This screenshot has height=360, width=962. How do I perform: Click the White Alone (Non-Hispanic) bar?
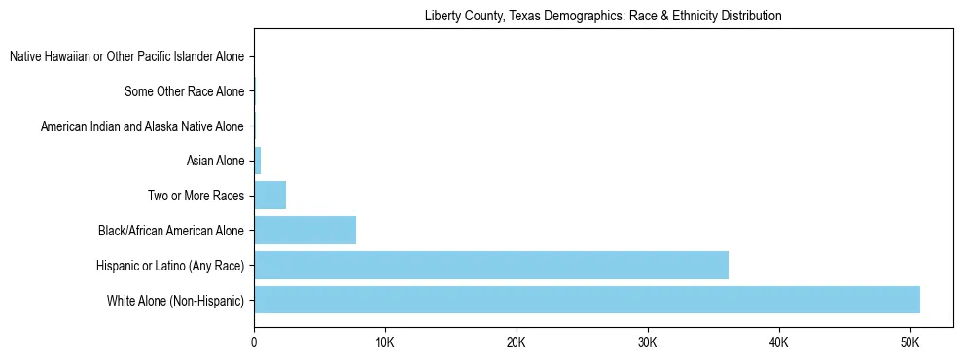(x=587, y=300)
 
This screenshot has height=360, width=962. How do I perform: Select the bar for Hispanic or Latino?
(x=491, y=265)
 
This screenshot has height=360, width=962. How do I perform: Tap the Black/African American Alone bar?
(x=304, y=230)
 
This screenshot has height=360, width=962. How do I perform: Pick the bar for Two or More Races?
(x=269, y=195)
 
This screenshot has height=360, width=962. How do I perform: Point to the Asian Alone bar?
(x=257, y=161)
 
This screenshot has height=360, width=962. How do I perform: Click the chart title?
(x=603, y=17)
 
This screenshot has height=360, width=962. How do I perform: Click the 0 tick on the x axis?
(x=254, y=343)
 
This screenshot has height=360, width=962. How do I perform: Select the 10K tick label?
(x=385, y=343)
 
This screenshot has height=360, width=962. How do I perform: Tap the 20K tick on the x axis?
(x=517, y=343)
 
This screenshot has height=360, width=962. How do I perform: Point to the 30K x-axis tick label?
(x=648, y=343)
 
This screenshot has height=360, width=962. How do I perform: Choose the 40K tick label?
(x=778, y=343)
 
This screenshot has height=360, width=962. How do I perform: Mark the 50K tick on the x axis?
(x=909, y=343)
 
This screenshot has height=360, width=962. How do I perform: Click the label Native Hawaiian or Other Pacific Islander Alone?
(x=126, y=57)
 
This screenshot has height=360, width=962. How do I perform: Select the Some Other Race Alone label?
(x=184, y=92)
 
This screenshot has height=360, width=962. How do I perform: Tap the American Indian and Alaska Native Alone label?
(x=142, y=126)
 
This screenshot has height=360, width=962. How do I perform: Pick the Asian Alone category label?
(x=215, y=161)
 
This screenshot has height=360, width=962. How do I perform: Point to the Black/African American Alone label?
(x=170, y=231)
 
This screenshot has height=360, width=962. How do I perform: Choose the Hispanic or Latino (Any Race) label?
(x=169, y=266)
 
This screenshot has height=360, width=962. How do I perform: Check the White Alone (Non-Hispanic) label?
(x=175, y=300)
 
